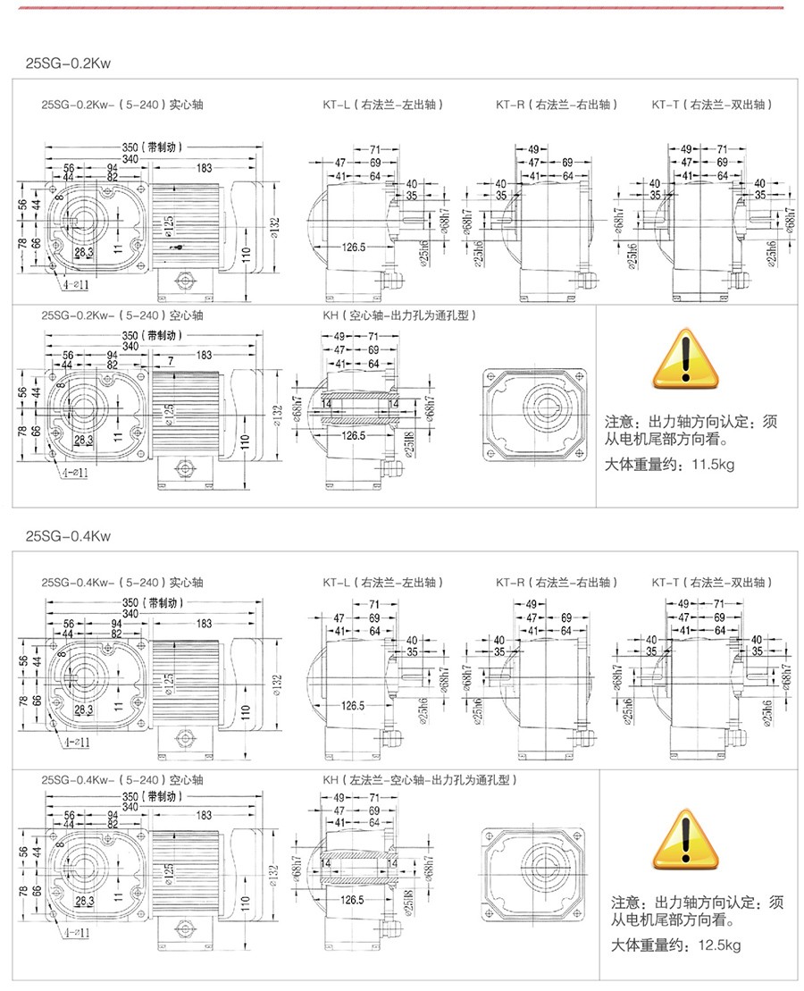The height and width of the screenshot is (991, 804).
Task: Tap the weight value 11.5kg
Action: click(712, 465)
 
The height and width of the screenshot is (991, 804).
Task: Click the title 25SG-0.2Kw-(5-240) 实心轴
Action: click(122, 105)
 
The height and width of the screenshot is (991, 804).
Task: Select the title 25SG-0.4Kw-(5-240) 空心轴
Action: click(122, 779)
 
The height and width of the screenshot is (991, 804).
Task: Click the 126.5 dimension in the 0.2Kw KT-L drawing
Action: click(353, 247)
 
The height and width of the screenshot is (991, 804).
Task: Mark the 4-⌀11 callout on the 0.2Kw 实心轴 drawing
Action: click(76, 285)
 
